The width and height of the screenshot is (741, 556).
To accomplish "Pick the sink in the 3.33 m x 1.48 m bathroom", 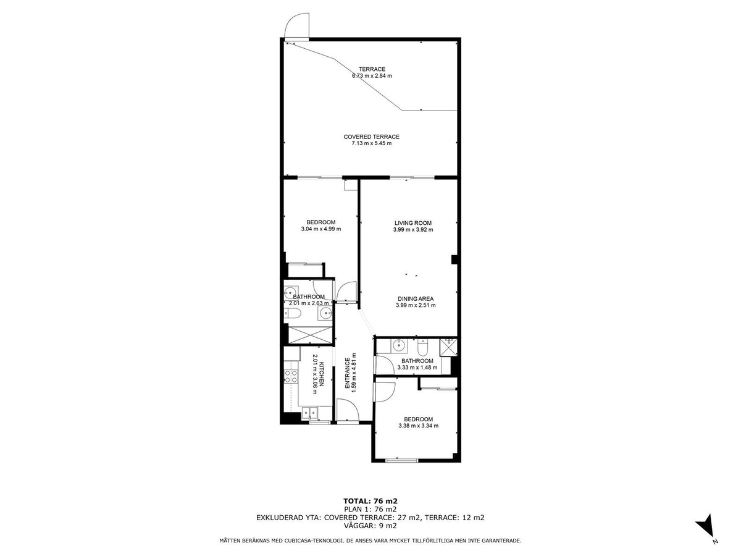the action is tap(399, 345).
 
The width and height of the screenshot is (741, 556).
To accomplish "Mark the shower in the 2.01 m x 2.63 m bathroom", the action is tap(310, 335).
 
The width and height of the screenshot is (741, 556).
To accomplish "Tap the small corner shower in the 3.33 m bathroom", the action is tap(448, 347).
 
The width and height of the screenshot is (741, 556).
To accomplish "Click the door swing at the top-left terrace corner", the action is tap(297, 27).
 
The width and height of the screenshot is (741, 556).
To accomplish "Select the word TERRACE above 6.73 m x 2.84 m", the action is tap(372, 69).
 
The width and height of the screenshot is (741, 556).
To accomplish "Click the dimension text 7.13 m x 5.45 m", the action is tap(371, 143).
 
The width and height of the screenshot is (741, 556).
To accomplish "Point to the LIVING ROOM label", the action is tap(413, 223).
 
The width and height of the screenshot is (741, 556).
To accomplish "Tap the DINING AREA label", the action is tap(415, 299).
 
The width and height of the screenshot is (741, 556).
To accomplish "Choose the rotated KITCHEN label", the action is tap(322, 374).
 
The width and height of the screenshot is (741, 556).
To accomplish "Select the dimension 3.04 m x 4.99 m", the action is tap(320, 229).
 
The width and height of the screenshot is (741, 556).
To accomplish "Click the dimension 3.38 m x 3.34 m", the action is tap(418, 426).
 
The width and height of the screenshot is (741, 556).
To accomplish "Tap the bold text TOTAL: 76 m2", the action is tap(371, 501).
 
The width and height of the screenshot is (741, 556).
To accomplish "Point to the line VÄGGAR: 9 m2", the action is tap(371, 526).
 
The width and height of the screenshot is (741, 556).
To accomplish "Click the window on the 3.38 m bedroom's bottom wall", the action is tap(402, 460).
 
